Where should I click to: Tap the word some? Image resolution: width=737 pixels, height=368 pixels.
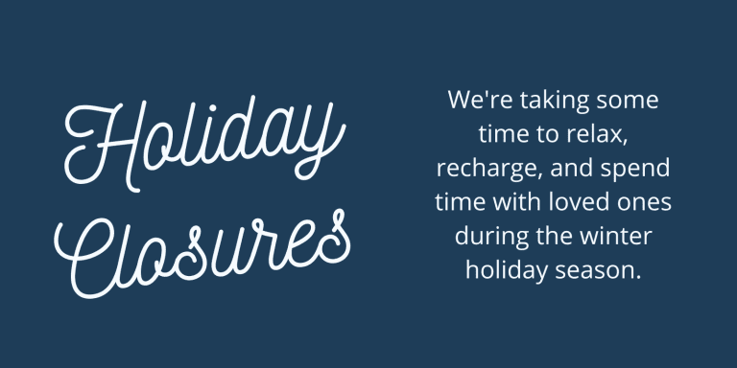coord(632,101)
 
